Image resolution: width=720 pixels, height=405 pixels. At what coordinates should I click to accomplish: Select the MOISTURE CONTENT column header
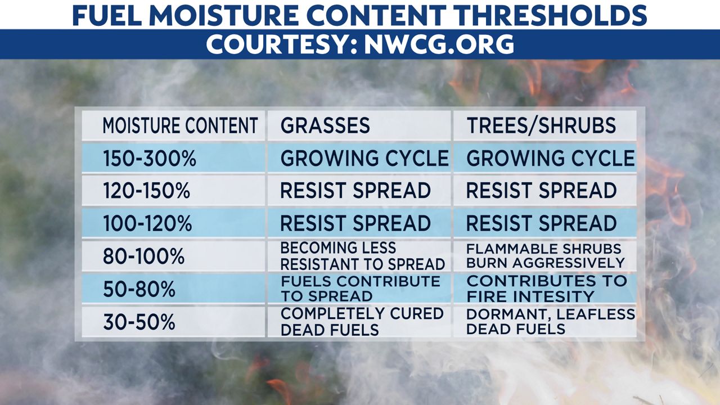coord(181,125)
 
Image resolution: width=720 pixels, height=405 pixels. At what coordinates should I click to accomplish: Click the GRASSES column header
coord(325,125)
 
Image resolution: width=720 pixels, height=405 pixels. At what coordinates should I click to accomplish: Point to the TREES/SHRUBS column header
coord(541,125)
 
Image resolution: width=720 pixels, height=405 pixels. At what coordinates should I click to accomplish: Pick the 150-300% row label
coord(150,159)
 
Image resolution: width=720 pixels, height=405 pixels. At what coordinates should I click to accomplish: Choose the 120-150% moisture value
coord(147,191)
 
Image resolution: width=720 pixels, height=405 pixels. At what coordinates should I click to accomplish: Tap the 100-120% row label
coord(147,223)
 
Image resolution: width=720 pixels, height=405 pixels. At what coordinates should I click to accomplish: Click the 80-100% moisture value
coord(143,256)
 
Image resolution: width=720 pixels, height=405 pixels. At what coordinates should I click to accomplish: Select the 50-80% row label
coord(139,289)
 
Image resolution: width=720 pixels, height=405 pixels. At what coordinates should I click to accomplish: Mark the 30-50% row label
coord(139,322)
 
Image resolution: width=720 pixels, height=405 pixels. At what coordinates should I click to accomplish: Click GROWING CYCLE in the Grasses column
coord(364,158)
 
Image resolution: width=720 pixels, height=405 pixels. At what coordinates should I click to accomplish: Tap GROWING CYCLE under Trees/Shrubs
coord(551,158)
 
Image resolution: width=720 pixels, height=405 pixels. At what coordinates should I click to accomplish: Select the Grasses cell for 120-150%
coord(355,191)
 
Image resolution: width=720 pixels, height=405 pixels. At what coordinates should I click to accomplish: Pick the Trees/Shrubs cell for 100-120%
coord(541,223)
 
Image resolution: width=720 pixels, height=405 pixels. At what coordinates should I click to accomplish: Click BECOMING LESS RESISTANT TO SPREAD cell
coord(363,256)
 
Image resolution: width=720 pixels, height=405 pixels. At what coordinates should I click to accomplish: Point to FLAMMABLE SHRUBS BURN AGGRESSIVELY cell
coord(546,256)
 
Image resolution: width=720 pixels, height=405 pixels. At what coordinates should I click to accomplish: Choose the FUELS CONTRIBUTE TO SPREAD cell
coord(361,289)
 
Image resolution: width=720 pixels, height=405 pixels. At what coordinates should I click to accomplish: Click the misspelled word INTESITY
coord(552,296)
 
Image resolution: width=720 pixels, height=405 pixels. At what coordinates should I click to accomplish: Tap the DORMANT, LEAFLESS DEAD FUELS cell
coord(551,321)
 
